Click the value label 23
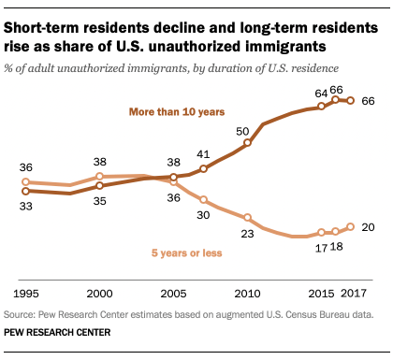tap(247, 234)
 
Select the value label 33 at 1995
tap(25, 207)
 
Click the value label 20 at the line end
tap(369, 227)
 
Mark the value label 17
tap(320, 249)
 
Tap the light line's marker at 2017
tap(351, 226)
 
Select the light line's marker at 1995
tap(25, 182)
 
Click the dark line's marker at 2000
tap(99, 186)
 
